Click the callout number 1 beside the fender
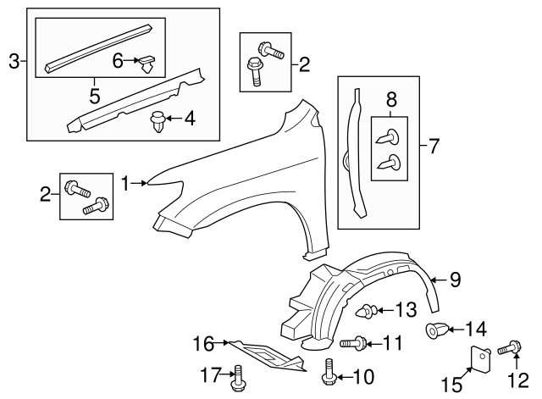pos(125,183)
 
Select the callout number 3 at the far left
pos(14,61)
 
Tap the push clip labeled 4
pos(158,122)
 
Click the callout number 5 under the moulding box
pos(94,96)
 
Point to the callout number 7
pos(434,146)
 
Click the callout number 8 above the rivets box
pos(391,100)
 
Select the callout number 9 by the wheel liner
pos(456,280)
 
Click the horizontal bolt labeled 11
pos(353,343)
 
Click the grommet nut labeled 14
pos(436,330)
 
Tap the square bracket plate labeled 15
pos(480,358)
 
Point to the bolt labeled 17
pos(238,379)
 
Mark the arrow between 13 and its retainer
pos(385,310)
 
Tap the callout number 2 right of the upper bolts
pos(304,64)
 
